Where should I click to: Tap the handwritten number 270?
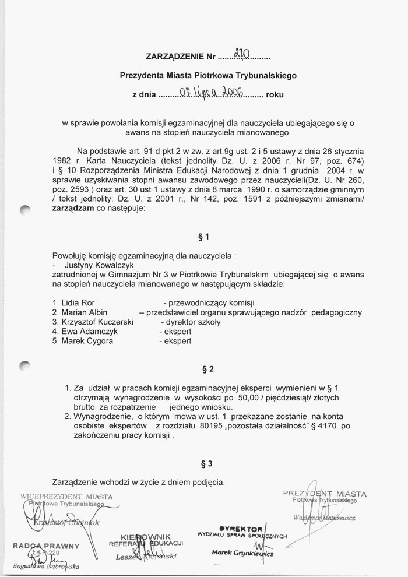tap(240, 55)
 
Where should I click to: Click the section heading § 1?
tap(203, 237)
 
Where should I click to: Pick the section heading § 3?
tap(206, 464)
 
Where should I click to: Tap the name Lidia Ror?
tap(73, 303)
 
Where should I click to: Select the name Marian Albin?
tap(80, 312)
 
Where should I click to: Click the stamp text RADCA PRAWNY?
tap(44, 546)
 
